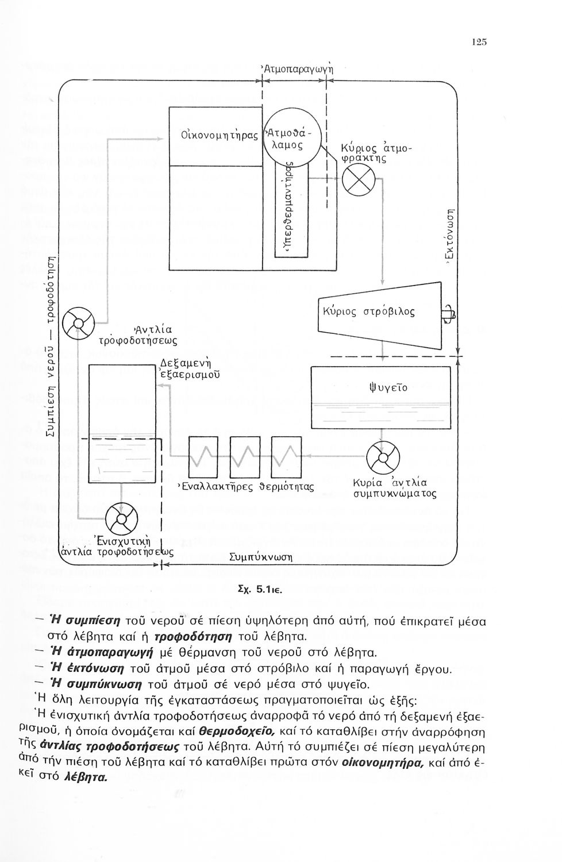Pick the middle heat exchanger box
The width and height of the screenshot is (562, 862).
pos(244,457)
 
